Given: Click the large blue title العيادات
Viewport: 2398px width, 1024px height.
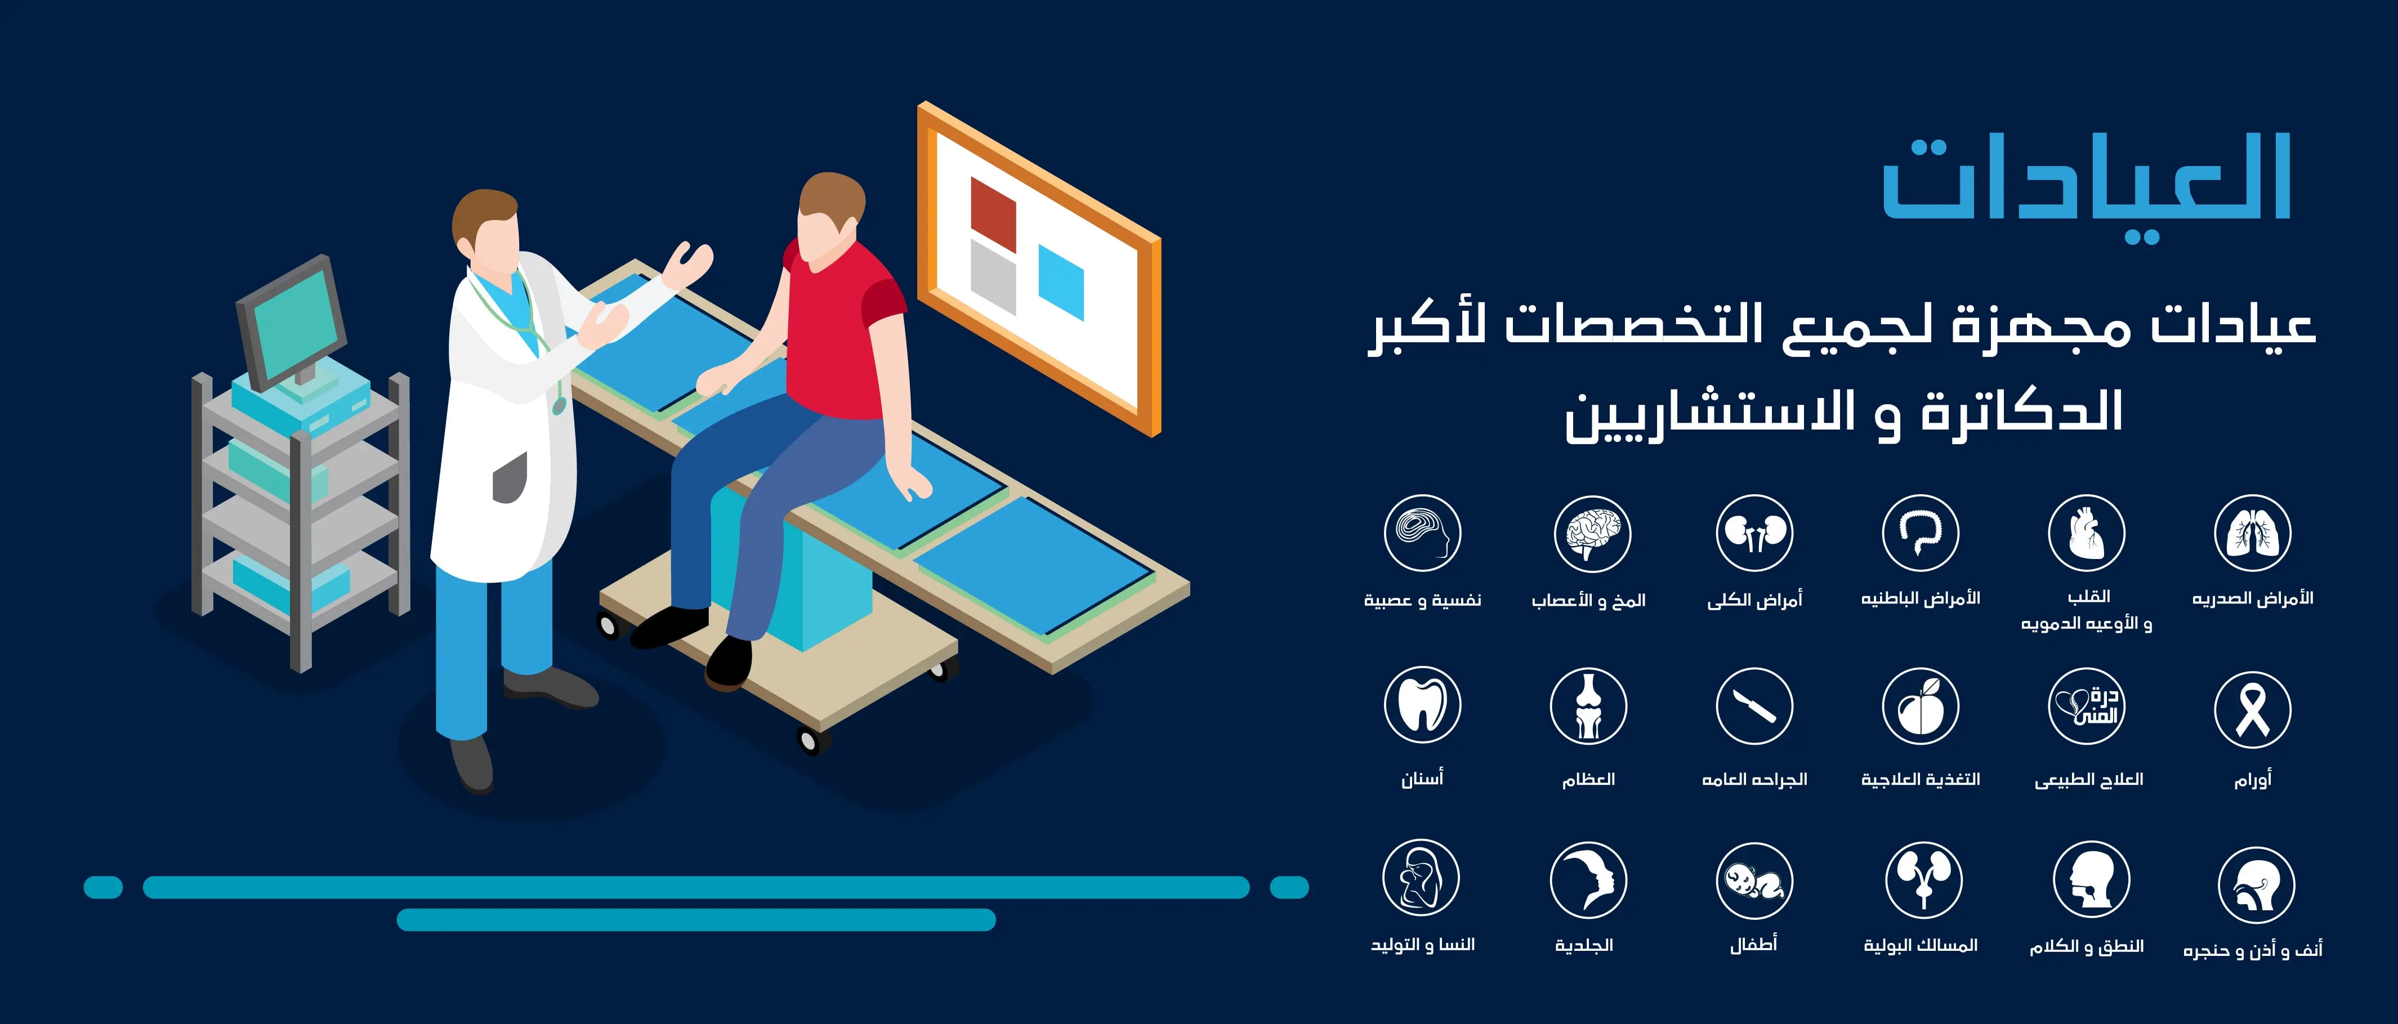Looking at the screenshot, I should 2085,181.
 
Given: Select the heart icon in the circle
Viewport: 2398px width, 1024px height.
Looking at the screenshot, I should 2086,534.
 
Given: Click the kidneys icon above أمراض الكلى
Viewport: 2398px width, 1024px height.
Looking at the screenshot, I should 1754,534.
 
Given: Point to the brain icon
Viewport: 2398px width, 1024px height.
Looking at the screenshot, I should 1592,534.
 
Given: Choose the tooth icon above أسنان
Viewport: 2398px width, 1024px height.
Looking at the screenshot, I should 1422,705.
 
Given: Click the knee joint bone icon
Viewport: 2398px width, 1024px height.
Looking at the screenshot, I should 1588,705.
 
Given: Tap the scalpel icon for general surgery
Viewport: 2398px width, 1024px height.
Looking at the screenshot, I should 1754,705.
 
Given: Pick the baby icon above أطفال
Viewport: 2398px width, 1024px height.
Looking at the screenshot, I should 1754,880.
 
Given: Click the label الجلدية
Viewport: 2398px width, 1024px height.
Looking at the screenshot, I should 1583,945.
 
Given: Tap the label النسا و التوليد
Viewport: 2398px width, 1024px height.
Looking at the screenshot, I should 1422,945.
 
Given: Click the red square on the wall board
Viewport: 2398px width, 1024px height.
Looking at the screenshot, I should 992,213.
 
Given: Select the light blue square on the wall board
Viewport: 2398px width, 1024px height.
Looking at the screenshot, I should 1060,282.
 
